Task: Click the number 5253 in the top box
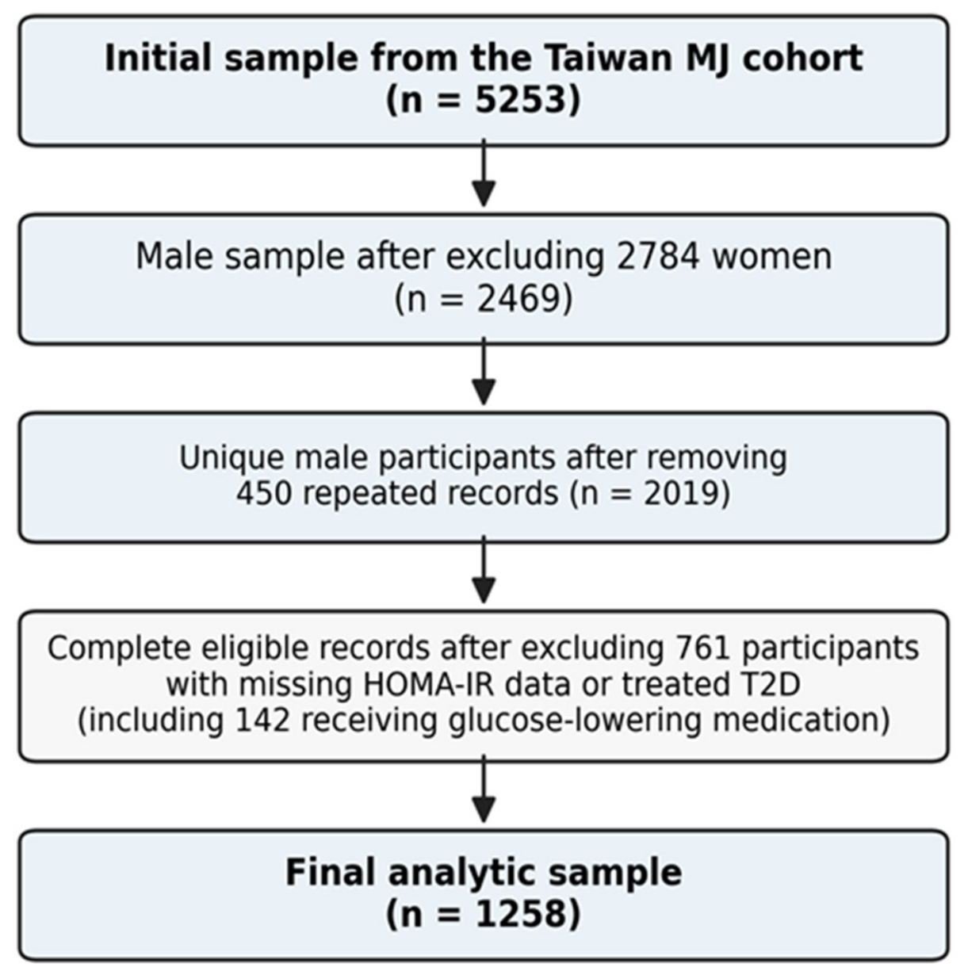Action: click(520, 99)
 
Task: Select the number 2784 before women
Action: click(658, 257)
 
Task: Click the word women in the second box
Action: click(771, 258)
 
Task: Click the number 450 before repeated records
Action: click(264, 493)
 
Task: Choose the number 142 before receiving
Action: click(262, 721)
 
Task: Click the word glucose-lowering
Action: click(575, 721)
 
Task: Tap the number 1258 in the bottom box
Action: click(520, 914)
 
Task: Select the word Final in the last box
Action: click(331, 873)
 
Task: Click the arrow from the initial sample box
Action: click(484, 173)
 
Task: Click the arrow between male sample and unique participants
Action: click(484, 372)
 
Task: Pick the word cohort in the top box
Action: click(802, 58)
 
